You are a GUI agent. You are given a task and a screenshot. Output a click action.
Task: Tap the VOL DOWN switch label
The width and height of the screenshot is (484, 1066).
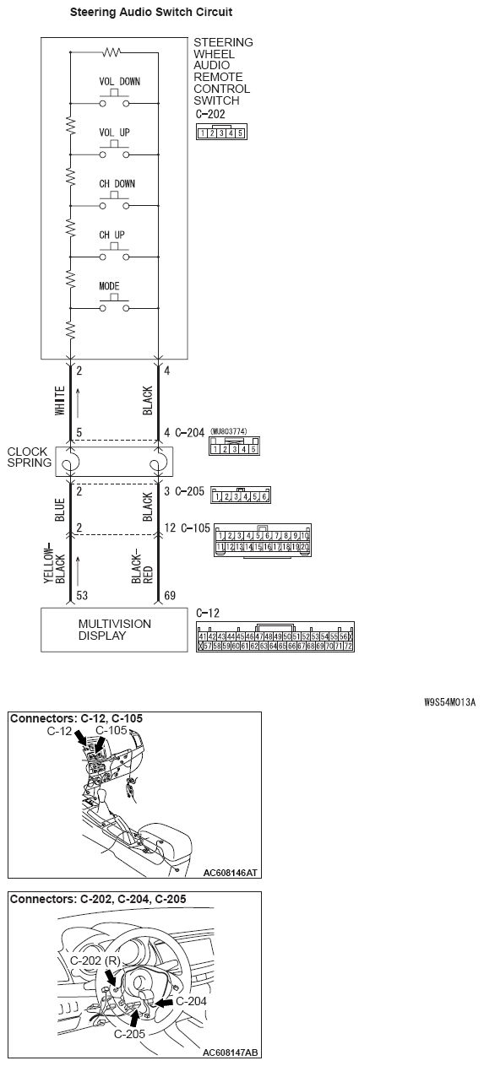119,82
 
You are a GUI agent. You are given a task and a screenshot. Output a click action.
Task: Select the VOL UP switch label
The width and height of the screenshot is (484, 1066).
115,133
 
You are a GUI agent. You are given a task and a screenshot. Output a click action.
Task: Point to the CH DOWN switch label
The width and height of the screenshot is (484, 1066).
117,183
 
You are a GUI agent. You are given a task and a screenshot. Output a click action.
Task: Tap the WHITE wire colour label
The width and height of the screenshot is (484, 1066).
60,402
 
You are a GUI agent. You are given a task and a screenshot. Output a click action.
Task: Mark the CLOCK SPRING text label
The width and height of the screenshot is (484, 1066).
28,457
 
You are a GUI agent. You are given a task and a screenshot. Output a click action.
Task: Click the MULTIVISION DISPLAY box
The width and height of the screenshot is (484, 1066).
114,630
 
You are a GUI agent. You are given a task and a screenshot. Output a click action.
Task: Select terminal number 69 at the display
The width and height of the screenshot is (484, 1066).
170,596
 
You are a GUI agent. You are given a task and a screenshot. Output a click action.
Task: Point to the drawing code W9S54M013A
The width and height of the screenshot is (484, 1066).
449,701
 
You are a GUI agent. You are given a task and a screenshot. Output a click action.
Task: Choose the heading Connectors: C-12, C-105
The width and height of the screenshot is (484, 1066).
76,718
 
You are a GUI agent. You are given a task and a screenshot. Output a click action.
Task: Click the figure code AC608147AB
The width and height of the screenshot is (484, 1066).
231,1053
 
